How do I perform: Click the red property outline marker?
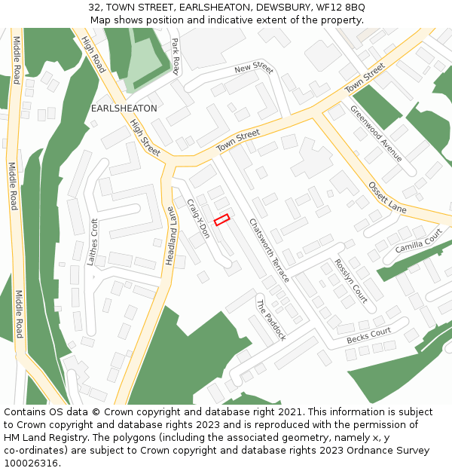pyautogui.click(x=221, y=219)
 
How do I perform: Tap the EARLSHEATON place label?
pyautogui.click(x=124, y=109)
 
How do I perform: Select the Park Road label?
pyautogui.click(x=176, y=57)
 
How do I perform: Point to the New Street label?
pyautogui.click(x=253, y=69)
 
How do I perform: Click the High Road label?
pyautogui.click(x=93, y=54)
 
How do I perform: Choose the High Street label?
pyautogui.click(x=145, y=137)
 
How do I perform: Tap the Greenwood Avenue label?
pyautogui.click(x=376, y=133)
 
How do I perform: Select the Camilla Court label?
pyautogui.click(x=418, y=241)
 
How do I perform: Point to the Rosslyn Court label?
pyautogui.click(x=350, y=281)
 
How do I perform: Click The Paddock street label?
pyautogui.click(x=271, y=320)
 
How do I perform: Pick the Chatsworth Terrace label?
pyautogui.click(x=269, y=250)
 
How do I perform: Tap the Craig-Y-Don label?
pyautogui.click(x=198, y=219)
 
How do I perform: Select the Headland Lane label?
pyautogui.click(x=170, y=235)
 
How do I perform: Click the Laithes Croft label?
pyautogui.click(x=93, y=242)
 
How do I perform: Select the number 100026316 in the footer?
pyautogui.click(x=32, y=463)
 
